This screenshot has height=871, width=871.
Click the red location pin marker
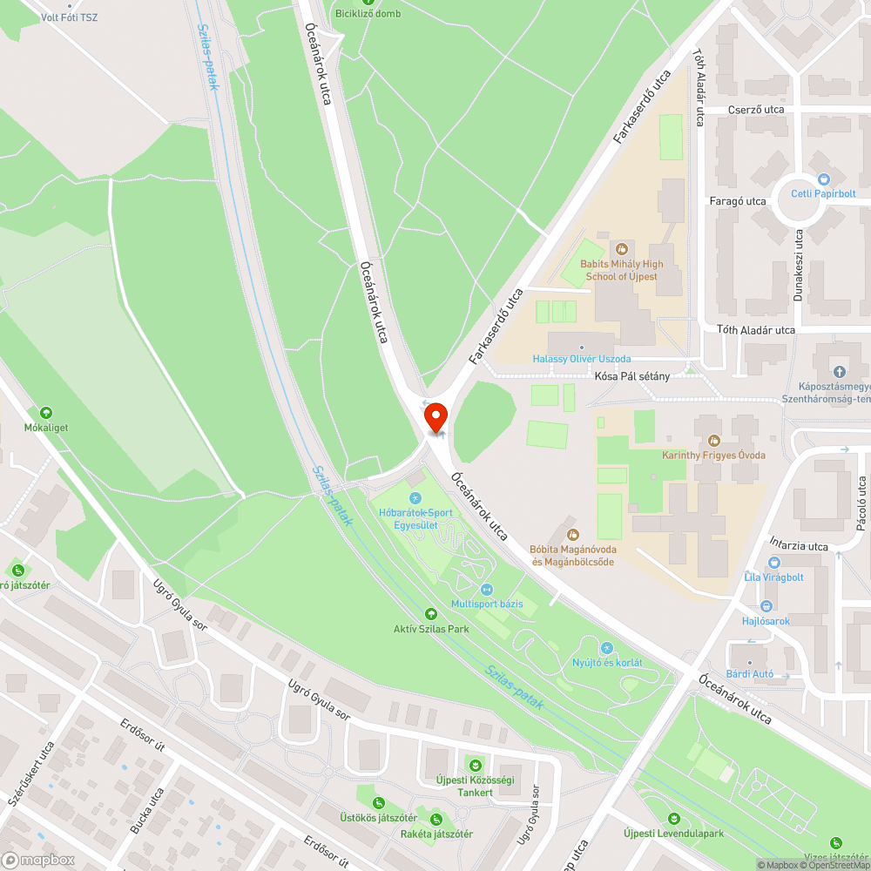click(x=435, y=417)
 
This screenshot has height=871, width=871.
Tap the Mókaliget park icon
click(x=46, y=413)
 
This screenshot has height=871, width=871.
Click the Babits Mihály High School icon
click(x=623, y=249)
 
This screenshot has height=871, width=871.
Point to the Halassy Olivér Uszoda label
click(x=581, y=359)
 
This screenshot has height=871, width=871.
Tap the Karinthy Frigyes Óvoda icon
click(x=713, y=441)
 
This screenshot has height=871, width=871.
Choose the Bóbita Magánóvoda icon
click(x=572, y=534)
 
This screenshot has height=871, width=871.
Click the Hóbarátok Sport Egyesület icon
click(x=415, y=497)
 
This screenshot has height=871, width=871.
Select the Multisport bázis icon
click(x=486, y=589)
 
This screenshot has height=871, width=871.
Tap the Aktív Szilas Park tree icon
click(x=430, y=614)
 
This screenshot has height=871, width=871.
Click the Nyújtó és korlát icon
click(x=607, y=648)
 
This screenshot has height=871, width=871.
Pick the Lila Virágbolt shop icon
click(x=774, y=562)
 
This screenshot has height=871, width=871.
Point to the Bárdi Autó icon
click(x=751, y=659)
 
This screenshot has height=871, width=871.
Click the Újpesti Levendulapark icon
click(x=673, y=819)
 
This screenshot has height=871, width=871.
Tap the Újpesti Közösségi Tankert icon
click(x=475, y=764)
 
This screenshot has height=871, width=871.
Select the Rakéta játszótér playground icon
click(x=435, y=819)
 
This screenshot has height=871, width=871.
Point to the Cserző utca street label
click(x=755, y=110)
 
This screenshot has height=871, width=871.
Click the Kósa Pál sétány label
click(x=632, y=376)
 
